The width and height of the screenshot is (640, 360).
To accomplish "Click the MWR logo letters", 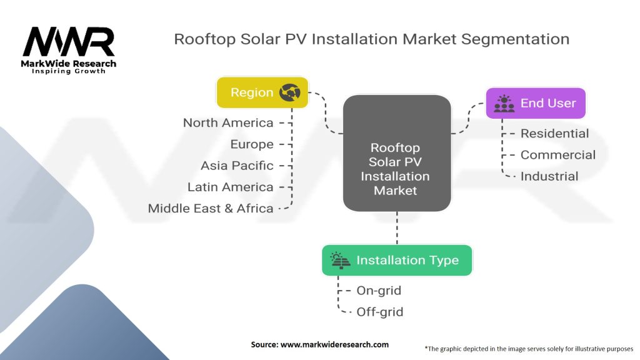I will click(x=69, y=42).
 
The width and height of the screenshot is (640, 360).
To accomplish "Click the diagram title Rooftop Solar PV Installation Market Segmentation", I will click(x=371, y=39).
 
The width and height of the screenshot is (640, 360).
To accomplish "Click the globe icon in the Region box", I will click(x=290, y=92).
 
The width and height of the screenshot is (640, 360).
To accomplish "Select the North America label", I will click(x=228, y=122).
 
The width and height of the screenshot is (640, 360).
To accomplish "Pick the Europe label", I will click(x=252, y=144).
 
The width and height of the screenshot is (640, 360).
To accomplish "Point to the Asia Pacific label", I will click(x=237, y=166).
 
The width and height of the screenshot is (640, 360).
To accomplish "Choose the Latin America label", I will click(x=230, y=187).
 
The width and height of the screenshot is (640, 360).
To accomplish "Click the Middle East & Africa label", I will click(x=211, y=208).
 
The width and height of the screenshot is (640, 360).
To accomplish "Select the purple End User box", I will click(x=536, y=103).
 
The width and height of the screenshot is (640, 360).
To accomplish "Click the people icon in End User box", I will click(x=504, y=103).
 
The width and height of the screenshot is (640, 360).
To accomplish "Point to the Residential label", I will click(x=554, y=133).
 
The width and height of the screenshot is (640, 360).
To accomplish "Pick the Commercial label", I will click(x=557, y=155).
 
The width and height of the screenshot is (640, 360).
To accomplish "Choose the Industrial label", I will click(x=549, y=176).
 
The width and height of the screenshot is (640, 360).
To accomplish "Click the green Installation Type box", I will click(x=397, y=260).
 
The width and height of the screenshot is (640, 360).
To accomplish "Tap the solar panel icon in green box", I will click(x=341, y=260).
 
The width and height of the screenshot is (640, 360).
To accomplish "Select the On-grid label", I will click(x=379, y=291).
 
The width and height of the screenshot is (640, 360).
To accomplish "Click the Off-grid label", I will click(x=379, y=312).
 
